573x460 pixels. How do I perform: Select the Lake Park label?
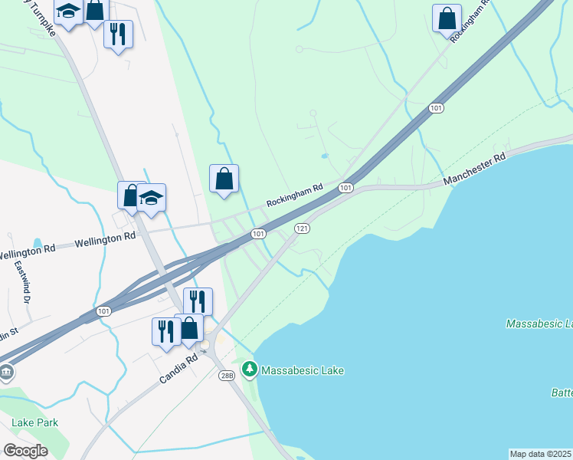[34, 422]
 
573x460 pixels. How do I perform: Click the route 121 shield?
[302, 228]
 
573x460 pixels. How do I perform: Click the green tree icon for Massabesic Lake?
[249, 370]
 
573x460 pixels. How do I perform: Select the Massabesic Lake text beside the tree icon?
[303, 370]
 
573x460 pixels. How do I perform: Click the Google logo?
[25, 451]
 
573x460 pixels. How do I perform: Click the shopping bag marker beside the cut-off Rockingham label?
[447, 18]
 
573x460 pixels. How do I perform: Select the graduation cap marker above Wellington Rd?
[152, 198]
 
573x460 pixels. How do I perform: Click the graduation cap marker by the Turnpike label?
[68, 11]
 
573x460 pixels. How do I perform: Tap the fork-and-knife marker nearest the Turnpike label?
[118, 34]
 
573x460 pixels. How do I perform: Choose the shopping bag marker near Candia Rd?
[189, 328]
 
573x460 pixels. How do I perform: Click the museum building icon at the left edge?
[5, 373]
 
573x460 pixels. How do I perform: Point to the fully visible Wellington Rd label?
[105, 240]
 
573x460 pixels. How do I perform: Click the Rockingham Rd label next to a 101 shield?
[294, 197]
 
